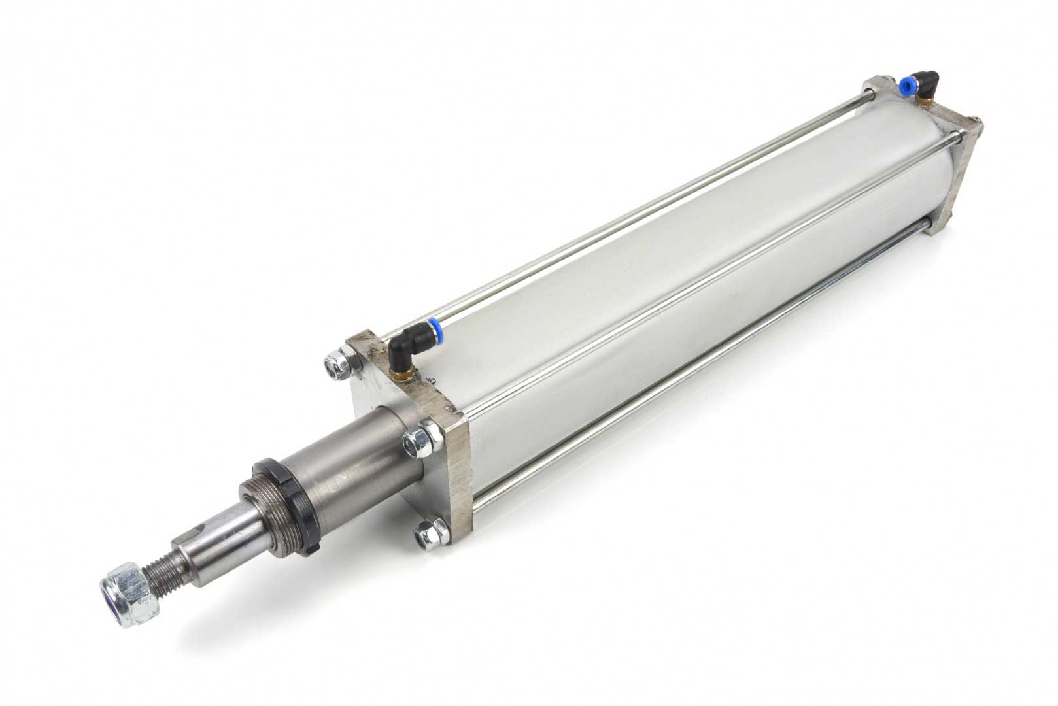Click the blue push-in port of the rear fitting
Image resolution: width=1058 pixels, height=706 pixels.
[906, 85]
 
